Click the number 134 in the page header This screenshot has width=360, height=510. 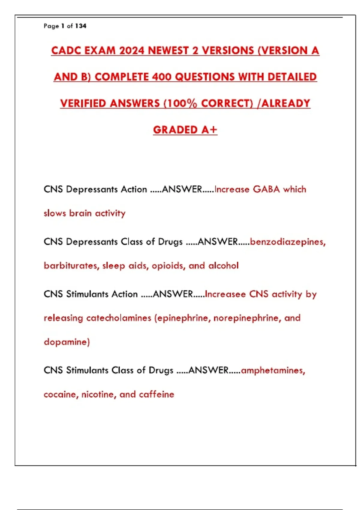[81, 26]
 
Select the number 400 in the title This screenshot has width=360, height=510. [162, 77]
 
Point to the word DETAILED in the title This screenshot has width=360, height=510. [292, 77]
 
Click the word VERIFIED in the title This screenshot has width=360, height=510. [83, 103]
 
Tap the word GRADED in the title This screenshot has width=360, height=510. [175, 130]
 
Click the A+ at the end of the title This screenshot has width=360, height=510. [209, 130]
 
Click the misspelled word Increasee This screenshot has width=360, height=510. [225, 294]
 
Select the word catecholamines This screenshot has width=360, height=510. [119, 318]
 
